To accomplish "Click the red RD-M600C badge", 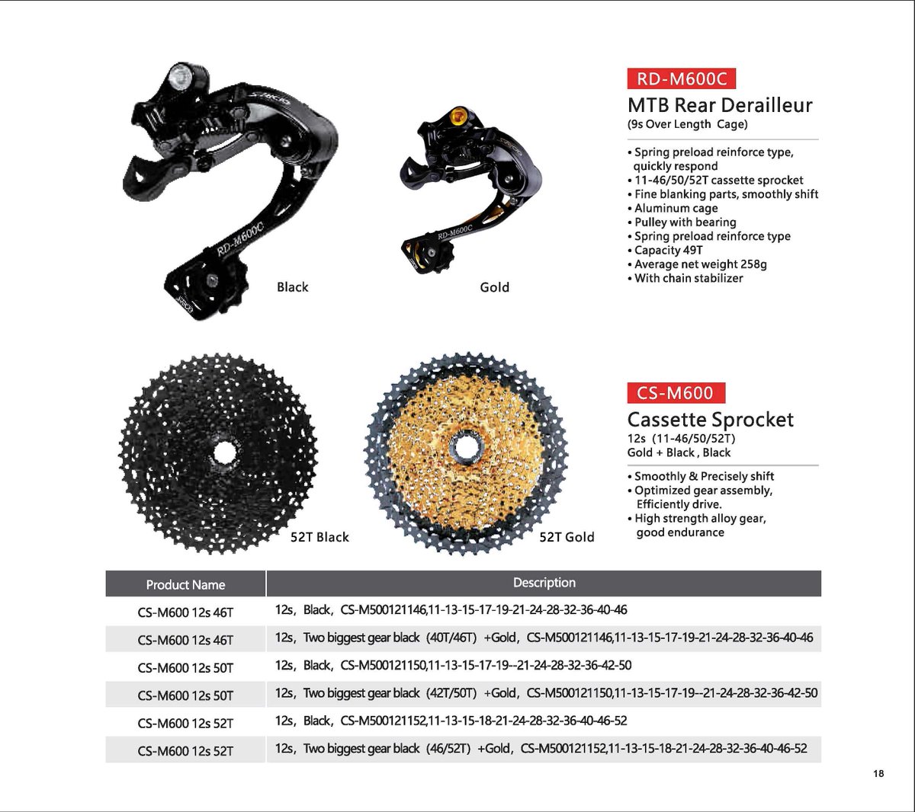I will click(x=681, y=78).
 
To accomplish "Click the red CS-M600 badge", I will click(x=676, y=393).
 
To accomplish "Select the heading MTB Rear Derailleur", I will click(x=720, y=105).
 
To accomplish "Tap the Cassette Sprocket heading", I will click(x=710, y=420).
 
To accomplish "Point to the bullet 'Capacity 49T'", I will click(x=669, y=250).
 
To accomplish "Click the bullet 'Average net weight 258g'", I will click(x=700, y=264).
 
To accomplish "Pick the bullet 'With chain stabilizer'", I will click(x=689, y=278).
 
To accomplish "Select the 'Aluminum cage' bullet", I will click(x=676, y=208).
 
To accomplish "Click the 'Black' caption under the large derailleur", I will click(x=293, y=287).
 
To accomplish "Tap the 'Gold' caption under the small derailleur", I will click(x=495, y=287).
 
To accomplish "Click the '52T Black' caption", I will click(x=319, y=537).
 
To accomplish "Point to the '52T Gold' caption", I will click(x=567, y=537).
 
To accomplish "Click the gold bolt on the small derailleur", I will click(x=458, y=117).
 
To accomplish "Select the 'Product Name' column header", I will click(x=185, y=585).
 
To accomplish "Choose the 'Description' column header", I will click(x=544, y=583).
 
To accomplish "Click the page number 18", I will click(x=878, y=774).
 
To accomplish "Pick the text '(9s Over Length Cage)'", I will click(x=687, y=124).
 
